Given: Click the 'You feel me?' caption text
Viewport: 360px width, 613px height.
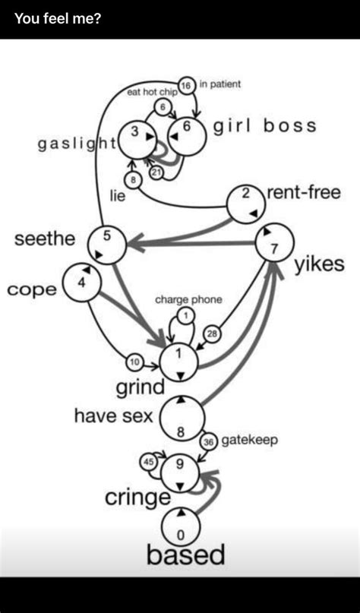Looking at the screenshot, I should pyautogui.click(x=58, y=17).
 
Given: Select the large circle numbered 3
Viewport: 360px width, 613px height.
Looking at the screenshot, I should pyautogui.click(x=137, y=137).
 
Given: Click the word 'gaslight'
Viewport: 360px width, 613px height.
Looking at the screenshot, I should pyautogui.click(x=77, y=144).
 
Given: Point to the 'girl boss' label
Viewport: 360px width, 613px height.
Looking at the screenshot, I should pyautogui.click(x=264, y=126).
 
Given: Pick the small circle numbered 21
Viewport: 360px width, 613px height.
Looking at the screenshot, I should pyautogui.click(x=157, y=172).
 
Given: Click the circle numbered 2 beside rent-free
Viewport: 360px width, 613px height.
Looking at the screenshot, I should pyautogui.click(x=247, y=203).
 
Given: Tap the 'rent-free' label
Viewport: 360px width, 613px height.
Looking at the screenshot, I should pyautogui.click(x=303, y=193).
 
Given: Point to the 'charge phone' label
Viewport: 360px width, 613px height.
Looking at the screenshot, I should pyautogui.click(x=188, y=300).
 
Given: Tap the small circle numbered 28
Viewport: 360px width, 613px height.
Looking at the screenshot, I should pyautogui.click(x=212, y=334).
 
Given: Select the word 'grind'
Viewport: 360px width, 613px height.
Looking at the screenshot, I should pyautogui.click(x=141, y=387).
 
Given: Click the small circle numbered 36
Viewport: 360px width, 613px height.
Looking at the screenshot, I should pyautogui.click(x=209, y=441).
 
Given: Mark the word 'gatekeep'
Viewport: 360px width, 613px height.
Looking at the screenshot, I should pyautogui.click(x=250, y=440).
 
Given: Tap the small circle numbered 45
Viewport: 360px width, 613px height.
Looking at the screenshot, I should pyautogui.click(x=149, y=462).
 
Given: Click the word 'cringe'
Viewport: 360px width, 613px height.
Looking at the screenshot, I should pyautogui.click(x=137, y=498).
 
